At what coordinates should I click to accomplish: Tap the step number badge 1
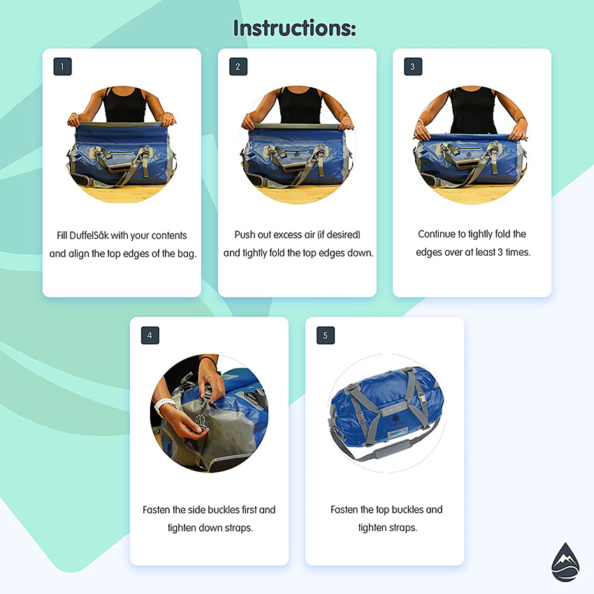(x=62, y=67)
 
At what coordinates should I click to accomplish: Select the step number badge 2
(x=238, y=67)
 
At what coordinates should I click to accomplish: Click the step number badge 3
(x=412, y=67)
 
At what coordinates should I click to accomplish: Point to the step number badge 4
(x=150, y=336)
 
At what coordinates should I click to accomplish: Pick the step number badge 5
(x=325, y=336)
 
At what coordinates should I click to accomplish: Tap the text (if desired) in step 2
(x=337, y=235)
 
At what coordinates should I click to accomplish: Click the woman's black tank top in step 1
(x=124, y=105)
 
